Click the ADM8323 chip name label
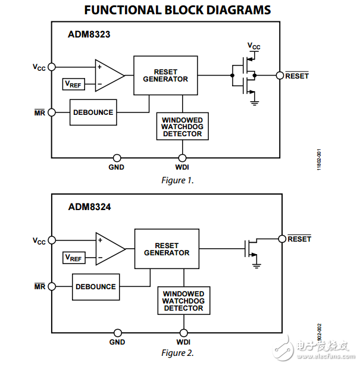(x=89, y=35)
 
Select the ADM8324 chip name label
(x=89, y=207)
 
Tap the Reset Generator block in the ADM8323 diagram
(x=165, y=76)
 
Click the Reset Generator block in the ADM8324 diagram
(x=167, y=249)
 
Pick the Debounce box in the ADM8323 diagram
(x=93, y=112)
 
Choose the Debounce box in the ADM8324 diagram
(x=96, y=287)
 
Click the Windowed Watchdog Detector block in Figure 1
(x=183, y=126)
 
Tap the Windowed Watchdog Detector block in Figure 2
(x=184, y=301)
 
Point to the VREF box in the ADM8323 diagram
(x=74, y=84)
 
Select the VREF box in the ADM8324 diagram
(x=74, y=258)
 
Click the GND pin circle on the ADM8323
(x=117, y=158)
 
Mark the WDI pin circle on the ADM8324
(x=184, y=333)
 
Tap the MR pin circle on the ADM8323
(x=52, y=112)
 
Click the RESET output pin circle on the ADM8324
(x=282, y=239)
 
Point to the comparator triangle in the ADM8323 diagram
(x=109, y=76)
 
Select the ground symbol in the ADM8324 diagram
(x=256, y=265)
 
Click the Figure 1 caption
(x=177, y=180)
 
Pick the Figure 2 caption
(x=177, y=353)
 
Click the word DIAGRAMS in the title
(x=239, y=10)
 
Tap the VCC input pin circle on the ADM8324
(x=52, y=240)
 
